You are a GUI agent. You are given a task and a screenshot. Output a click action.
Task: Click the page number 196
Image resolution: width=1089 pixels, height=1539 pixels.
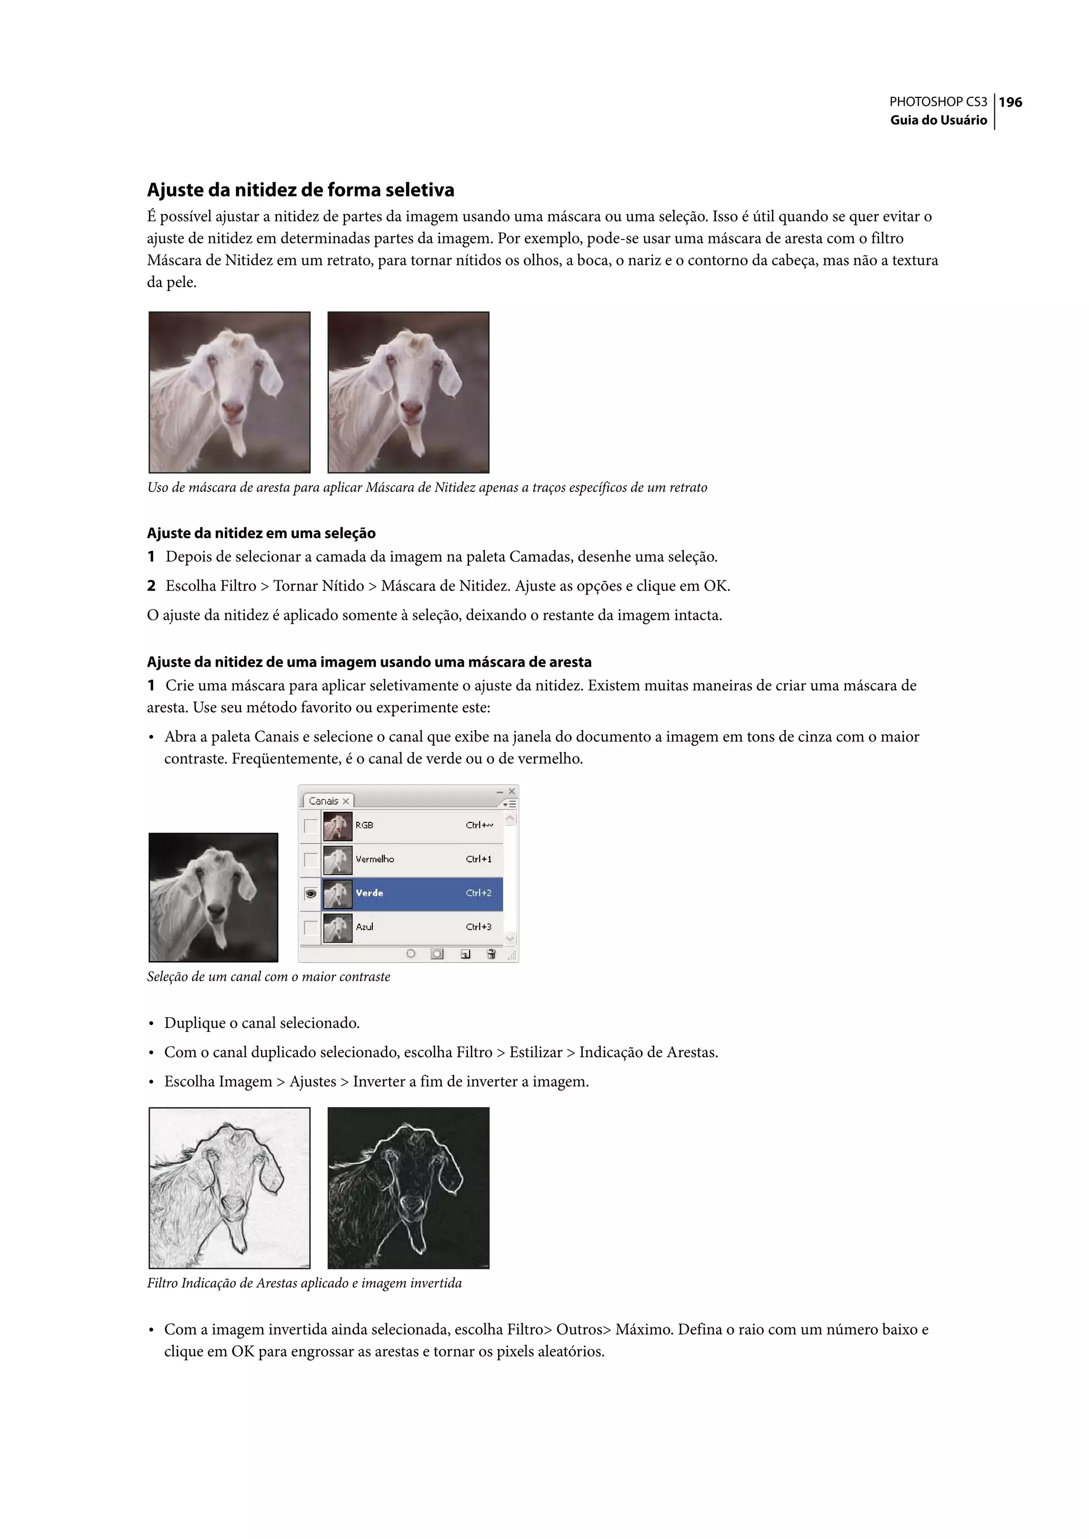1010,102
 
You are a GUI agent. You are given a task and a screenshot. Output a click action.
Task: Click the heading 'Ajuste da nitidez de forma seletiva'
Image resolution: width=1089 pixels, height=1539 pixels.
300,190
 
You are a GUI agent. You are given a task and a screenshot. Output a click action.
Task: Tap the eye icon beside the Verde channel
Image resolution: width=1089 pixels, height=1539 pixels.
311,894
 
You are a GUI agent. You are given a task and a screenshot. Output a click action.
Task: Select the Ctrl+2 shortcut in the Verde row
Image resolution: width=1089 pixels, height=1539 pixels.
478,893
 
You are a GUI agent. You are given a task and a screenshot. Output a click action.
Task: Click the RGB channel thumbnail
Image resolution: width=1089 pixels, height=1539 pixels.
337,826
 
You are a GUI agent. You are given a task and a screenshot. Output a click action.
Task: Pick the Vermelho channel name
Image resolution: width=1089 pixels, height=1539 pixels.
374,859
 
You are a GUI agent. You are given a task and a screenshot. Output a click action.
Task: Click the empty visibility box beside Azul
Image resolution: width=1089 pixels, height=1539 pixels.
311,927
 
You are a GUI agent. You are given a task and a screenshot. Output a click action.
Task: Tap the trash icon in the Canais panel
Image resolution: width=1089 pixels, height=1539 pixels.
491,953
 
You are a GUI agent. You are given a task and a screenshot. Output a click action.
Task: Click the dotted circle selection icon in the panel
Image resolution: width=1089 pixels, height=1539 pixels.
411,953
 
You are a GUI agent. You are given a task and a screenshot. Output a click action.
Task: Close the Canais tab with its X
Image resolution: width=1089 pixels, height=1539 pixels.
346,801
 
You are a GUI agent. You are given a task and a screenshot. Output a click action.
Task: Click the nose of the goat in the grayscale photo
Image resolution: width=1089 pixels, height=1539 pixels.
216,910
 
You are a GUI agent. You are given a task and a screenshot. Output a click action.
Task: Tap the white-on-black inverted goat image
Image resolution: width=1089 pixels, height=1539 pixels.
408,1188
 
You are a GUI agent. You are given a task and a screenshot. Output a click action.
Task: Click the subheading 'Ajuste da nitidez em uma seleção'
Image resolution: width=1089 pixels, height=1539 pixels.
261,534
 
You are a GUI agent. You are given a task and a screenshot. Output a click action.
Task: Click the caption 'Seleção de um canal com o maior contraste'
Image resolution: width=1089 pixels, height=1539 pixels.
268,977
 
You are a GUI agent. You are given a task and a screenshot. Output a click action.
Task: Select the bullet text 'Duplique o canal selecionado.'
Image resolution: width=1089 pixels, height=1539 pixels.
262,1023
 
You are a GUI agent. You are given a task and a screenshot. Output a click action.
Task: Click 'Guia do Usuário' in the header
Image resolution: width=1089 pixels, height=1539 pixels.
938,120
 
